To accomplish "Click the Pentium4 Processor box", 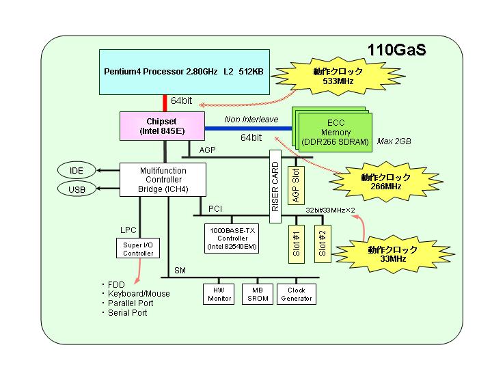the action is [x=184, y=72].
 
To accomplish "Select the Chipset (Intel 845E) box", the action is [x=162, y=126].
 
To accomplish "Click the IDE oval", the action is [x=77, y=170].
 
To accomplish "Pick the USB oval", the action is [x=77, y=189].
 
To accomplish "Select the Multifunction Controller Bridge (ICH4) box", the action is [x=163, y=180].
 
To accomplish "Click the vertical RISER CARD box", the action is [x=275, y=187].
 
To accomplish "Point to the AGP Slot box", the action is [x=296, y=185].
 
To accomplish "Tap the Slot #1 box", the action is [x=297, y=244].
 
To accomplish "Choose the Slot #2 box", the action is [x=323, y=244].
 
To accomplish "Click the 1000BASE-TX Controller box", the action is [x=232, y=238].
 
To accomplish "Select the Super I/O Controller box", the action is [x=138, y=249].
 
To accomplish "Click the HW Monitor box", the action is [x=219, y=295].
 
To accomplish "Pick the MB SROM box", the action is [x=258, y=295].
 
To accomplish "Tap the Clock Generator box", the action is [x=297, y=295].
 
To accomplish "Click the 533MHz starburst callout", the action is [x=338, y=76].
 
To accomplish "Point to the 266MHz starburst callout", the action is [x=385, y=182].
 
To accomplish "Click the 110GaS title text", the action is [x=396, y=50].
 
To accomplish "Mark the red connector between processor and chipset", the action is [x=165, y=103].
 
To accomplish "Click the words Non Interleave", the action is [x=251, y=119].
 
